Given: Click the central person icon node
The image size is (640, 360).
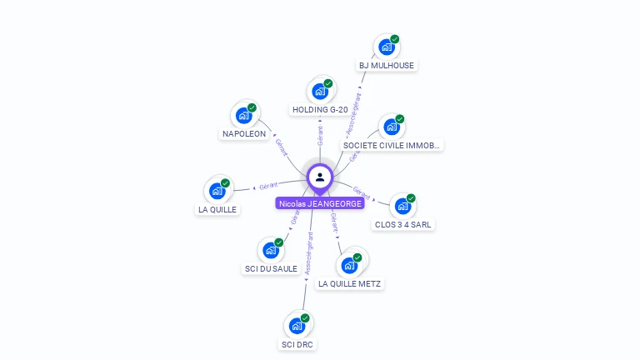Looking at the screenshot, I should point(320,177).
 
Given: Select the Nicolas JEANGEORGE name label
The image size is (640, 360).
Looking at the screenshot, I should point(321,203).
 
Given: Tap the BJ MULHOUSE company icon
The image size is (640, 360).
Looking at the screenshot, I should point(387,47).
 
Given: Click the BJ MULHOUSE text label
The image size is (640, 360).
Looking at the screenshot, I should point(387,65).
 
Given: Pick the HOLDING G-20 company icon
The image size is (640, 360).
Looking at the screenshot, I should point(320,92).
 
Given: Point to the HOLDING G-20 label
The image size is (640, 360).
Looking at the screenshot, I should point(320,109).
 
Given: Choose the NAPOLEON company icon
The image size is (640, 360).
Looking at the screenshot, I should point(244,116).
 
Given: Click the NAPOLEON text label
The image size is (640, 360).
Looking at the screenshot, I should point(244,133).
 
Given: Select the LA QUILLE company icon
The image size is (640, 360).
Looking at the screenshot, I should point(217,192).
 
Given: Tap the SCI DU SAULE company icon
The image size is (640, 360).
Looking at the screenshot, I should point(271,251).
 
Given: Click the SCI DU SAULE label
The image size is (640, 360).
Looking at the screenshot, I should point(271,268).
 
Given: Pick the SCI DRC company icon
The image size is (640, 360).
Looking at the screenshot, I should point(297,327).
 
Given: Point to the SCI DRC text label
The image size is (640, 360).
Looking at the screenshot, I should point(297,344).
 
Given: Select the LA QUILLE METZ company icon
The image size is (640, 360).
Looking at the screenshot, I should point(350,266).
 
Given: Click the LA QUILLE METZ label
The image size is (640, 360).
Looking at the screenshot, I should point(350,283).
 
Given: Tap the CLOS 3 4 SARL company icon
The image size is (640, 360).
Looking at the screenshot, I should point(404,207).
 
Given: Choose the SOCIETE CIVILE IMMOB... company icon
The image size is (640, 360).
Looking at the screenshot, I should point(392,127).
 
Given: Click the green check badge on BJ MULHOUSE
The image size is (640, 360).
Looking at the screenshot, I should point(395,39).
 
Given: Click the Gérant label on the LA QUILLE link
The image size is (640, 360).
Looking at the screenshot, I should point(268,186).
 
